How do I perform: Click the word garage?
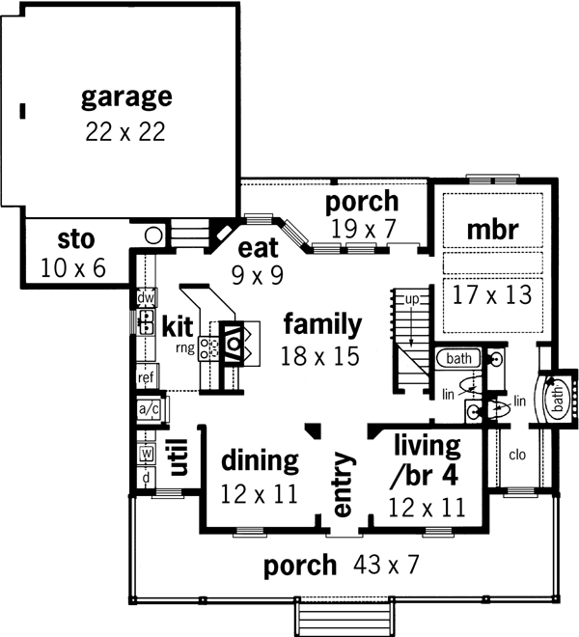pos(126,97)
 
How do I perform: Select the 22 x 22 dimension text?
pos(124,131)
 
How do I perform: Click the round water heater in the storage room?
pos(153,235)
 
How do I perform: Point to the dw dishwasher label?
pos(146,298)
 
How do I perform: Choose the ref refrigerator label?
pos(147,378)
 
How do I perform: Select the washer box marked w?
pos(148,453)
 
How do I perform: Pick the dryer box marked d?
pos(148,478)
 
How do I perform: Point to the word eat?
pos(258,248)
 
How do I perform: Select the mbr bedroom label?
pos(493,231)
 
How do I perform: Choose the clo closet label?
pos(516,454)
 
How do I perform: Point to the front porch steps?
pos(345,616)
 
